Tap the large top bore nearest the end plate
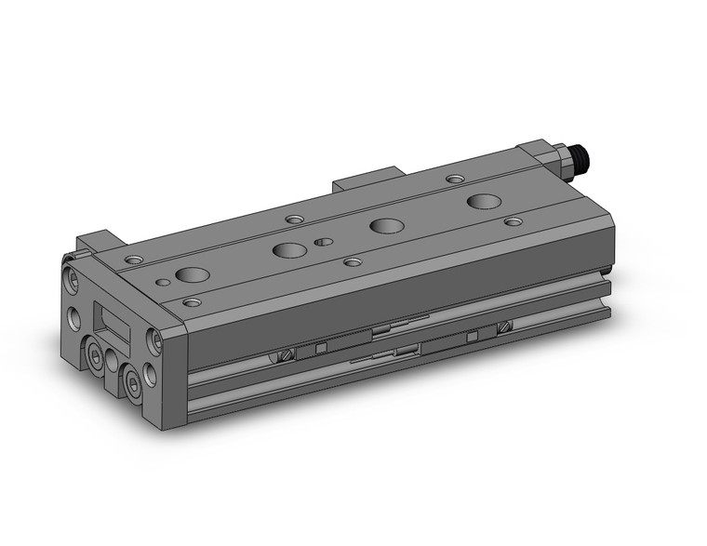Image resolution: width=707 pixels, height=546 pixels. (193, 275)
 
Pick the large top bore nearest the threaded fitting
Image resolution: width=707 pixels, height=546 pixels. (483, 201)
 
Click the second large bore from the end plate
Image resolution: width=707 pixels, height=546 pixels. (289, 249)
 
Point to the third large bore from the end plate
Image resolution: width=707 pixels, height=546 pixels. (385, 225)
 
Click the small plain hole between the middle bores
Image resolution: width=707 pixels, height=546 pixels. (323, 242)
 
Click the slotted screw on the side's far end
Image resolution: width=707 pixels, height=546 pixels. (506, 326)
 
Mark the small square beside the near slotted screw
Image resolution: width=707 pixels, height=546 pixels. (319, 350)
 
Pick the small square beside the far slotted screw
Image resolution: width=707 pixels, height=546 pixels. (472, 333)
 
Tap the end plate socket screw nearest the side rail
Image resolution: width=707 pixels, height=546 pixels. (155, 343)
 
